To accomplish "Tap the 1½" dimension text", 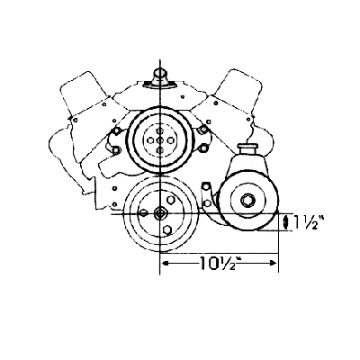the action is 307,222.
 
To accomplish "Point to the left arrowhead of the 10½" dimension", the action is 166,263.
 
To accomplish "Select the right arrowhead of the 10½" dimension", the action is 272,263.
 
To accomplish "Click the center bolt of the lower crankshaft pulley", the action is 160,213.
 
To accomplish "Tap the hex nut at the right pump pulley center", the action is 247,200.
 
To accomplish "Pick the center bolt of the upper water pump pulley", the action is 160,140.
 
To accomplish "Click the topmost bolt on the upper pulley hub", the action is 160,130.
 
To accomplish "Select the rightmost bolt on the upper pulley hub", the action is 170,140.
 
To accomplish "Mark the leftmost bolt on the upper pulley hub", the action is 150,140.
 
